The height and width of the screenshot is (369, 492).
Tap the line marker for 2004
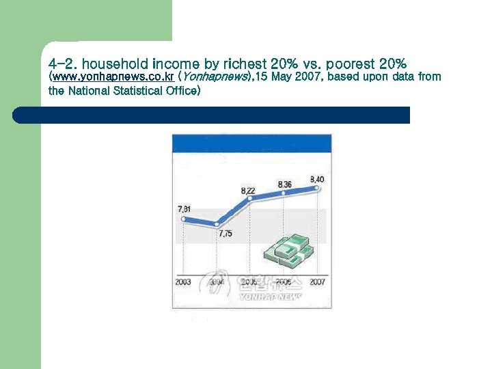point(217,224)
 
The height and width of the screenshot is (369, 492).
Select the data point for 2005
point(250,198)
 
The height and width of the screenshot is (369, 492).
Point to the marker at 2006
point(284,193)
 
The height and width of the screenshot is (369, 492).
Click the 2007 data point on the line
point(318,187)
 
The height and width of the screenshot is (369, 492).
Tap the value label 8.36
point(284,184)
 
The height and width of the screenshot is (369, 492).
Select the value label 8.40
point(317,179)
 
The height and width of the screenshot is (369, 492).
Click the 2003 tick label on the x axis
point(183,282)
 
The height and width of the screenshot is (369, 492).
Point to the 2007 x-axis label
point(317,282)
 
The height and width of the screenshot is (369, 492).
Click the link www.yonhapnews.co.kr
point(111,77)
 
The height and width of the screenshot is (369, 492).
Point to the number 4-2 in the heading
point(62,64)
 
